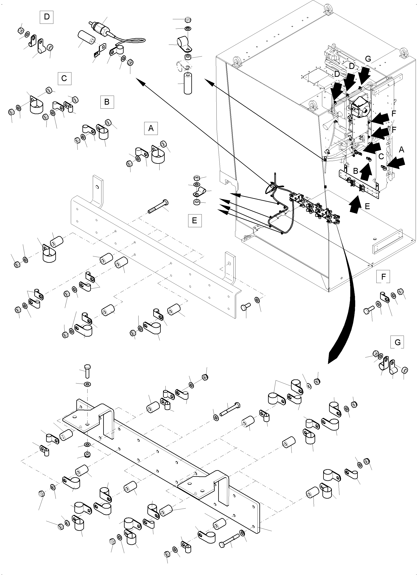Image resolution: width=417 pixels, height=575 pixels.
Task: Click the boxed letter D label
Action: pos(47,17)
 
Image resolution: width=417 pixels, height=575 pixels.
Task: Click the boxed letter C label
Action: pos(64,78)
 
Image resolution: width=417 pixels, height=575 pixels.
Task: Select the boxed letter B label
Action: pos(107,102)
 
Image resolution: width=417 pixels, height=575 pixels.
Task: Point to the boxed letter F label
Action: pos(383,276)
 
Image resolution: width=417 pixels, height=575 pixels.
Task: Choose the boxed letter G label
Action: pos(397,342)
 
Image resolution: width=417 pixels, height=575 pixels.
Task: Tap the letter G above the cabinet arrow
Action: pos(368,59)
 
